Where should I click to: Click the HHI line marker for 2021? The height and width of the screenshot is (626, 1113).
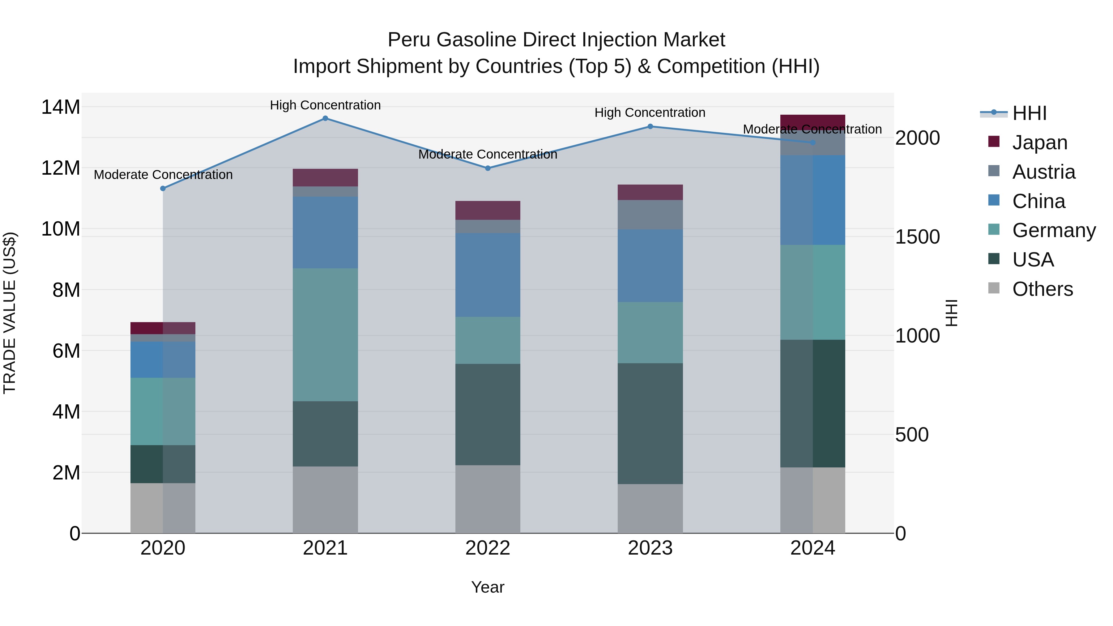[325, 118]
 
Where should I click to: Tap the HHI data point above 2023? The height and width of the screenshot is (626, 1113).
[650, 126]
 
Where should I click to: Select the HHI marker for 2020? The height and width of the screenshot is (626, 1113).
[163, 188]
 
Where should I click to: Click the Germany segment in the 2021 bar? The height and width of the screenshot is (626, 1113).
[325, 335]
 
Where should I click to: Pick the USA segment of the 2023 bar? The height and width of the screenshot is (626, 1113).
[650, 424]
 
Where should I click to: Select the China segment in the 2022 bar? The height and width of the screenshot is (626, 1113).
[488, 275]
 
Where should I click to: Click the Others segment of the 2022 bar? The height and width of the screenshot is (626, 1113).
[488, 499]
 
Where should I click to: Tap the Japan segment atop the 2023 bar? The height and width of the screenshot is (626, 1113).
[650, 192]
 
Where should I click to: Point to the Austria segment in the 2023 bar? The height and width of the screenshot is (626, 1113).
[650, 215]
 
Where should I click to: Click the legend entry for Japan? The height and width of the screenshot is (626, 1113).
[1039, 143]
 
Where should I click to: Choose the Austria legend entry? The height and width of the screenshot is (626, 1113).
[1043, 172]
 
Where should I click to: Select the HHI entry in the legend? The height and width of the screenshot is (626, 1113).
[1029, 113]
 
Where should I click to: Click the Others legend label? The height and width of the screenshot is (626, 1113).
[1042, 289]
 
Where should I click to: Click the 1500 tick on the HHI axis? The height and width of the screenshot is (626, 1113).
[917, 237]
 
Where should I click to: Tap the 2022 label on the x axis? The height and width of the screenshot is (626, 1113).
[488, 548]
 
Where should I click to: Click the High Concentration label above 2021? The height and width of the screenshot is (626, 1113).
[325, 105]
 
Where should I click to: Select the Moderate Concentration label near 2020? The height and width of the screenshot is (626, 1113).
[163, 175]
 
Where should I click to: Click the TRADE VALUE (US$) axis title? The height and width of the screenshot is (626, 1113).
[10, 313]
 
